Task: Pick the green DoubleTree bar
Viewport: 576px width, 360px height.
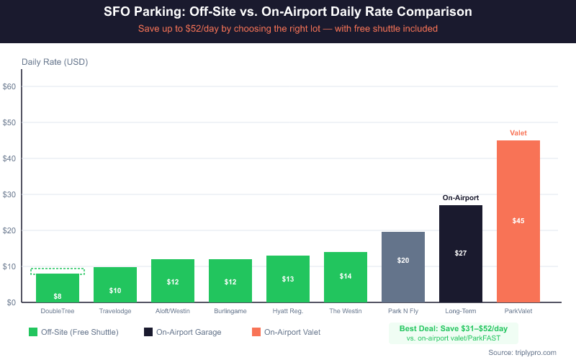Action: [58, 287]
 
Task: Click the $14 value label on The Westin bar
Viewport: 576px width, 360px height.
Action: [346, 276]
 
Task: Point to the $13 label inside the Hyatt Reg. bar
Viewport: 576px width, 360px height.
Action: [288, 279]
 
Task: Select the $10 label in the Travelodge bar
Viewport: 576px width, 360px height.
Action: [115, 290]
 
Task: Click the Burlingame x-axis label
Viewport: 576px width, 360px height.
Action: [230, 312]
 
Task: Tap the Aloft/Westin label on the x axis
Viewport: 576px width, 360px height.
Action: [173, 312]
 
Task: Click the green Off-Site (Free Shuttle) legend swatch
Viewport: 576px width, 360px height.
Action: [33, 332]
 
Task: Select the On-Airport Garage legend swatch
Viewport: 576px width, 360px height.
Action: [148, 332]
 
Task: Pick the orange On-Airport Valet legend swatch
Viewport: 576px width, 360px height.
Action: [256, 332]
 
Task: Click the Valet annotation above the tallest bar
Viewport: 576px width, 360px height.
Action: [518, 133]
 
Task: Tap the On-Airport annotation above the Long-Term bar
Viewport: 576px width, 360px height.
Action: [461, 197]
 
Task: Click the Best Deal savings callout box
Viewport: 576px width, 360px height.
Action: [452, 332]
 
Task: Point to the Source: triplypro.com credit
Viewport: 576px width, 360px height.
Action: [522, 352]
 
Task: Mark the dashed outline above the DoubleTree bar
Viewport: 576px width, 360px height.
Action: [58, 271]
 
